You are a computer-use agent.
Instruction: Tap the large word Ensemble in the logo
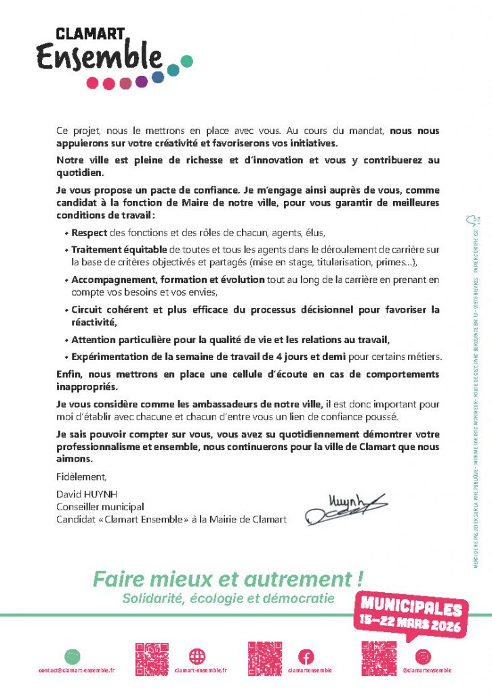[99, 57]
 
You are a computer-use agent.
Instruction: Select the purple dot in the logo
[141, 82]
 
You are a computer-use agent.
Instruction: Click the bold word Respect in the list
[89, 232]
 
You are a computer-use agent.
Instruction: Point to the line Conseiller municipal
[100, 507]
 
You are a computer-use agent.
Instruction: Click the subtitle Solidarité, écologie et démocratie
[228, 598]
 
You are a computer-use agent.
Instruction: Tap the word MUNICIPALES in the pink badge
[411, 607]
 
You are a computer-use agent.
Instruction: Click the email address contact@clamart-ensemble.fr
[77, 670]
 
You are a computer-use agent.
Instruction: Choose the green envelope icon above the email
[73, 656]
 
